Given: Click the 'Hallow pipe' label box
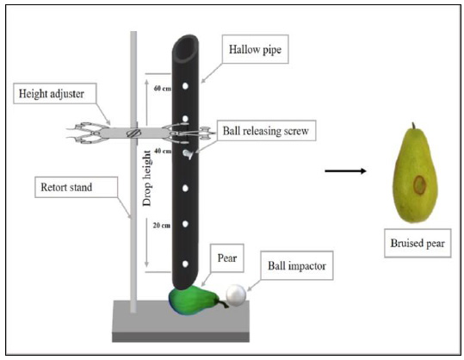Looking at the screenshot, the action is point(255,49).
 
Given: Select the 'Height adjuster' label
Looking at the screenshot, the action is point(55,94).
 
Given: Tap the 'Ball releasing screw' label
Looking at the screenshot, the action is point(266,131).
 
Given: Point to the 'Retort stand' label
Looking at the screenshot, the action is point(76,187).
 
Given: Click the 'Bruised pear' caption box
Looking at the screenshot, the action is point(418,243).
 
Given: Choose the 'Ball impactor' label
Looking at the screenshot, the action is point(297,265).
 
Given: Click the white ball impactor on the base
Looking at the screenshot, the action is point(236,295).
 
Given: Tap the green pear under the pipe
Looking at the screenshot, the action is point(195,301).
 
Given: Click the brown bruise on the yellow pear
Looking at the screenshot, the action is point(419,185).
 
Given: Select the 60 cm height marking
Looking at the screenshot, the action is point(162,88).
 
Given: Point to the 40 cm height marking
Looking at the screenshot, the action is point(162,151).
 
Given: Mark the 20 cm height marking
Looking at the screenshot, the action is point(162,226).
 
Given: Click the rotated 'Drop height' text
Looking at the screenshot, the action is point(147,178).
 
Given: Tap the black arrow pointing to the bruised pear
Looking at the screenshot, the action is point(345,171).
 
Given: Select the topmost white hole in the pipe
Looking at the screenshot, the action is point(185,86).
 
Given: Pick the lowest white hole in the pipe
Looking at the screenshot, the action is point(185,264).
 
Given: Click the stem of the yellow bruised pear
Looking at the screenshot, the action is point(413,126).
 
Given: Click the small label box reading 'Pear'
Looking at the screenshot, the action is point(227,258).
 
